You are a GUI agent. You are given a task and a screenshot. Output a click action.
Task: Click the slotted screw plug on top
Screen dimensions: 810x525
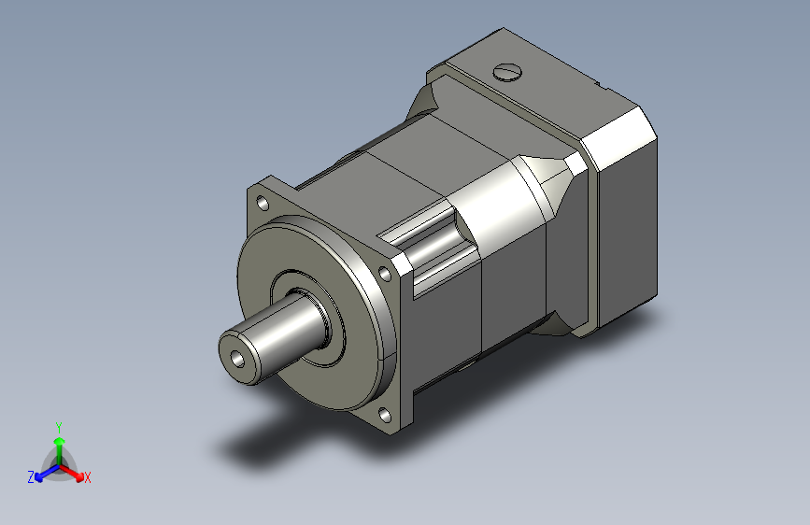(x=507, y=72)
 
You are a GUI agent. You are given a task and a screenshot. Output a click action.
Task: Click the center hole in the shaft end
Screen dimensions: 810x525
(x=237, y=358)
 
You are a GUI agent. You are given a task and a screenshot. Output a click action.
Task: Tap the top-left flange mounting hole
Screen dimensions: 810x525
(x=263, y=203)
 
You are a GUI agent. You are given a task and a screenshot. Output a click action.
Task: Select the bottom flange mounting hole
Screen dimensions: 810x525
(x=384, y=415)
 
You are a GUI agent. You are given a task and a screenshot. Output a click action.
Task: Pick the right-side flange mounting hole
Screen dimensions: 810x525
(x=385, y=273)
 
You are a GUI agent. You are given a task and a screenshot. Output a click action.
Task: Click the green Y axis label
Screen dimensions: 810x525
(x=59, y=428)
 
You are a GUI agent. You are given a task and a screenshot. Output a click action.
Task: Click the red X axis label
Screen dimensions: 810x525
(x=87, y=477)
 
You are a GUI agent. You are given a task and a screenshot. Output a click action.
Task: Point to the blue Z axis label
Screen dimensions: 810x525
(x=31, y=477)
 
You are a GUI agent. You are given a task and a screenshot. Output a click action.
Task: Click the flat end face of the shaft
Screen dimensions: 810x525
(x=238, y=359)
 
